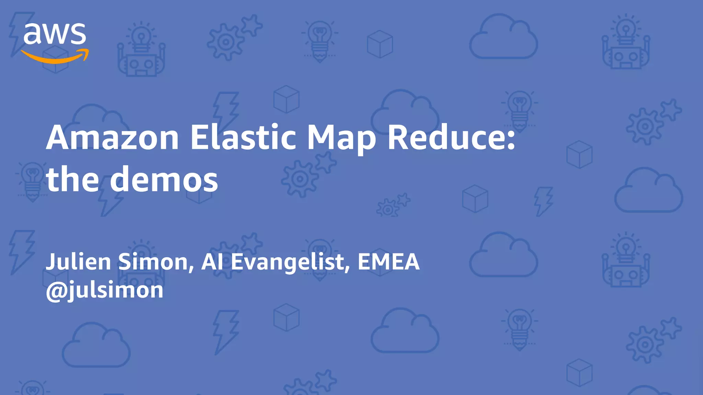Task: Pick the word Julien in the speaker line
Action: pyautogui.click(x=79, y=262)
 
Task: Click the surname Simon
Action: pyautogui.click(x=153, y=262)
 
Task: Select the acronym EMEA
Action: pyautogui.click(x=389, y=262)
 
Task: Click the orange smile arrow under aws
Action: pyautogui.click(x=55, y=57)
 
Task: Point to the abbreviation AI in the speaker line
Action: pyautogui.click(x=212, y=262)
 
